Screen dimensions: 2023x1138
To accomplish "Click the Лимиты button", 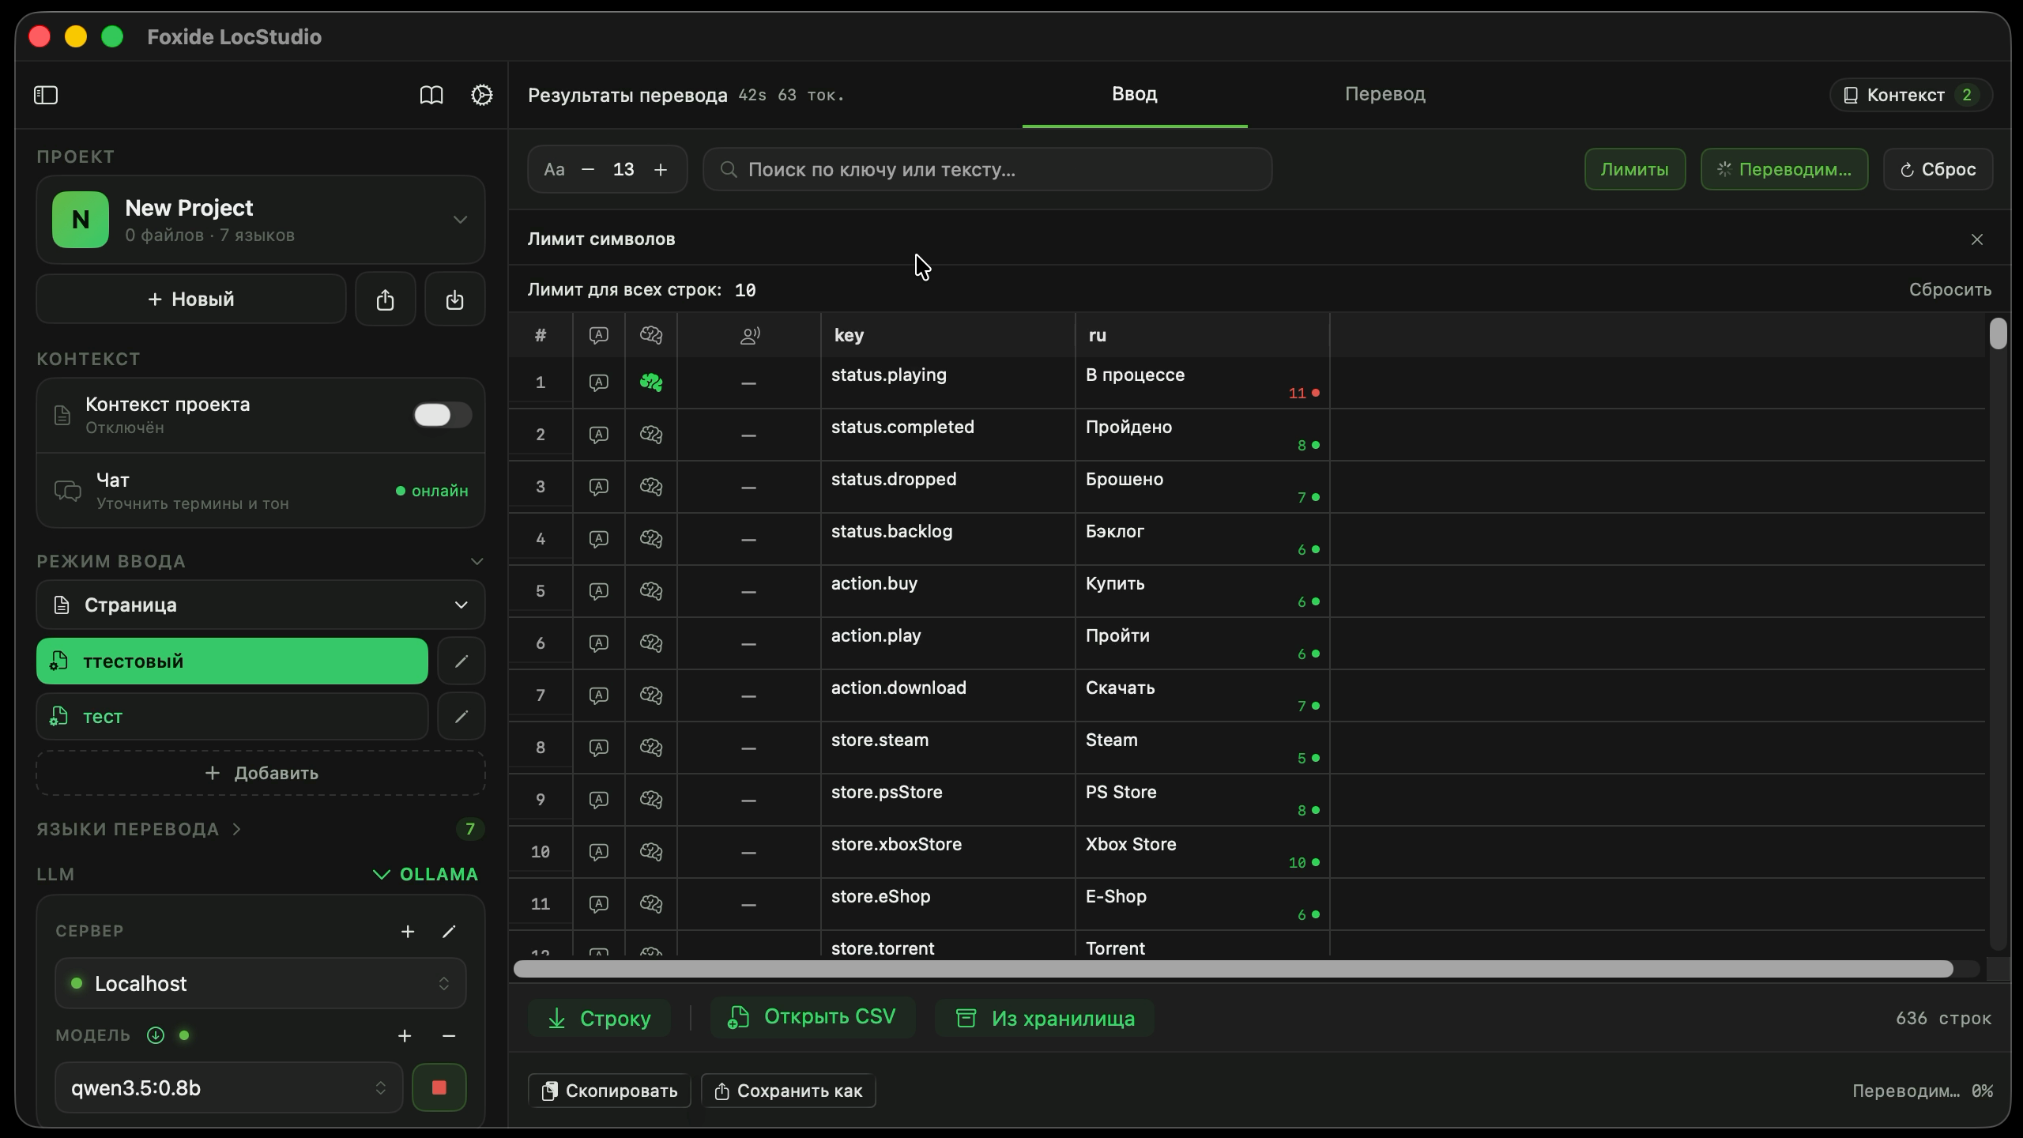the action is pyautogui.click(x=1634, y=169).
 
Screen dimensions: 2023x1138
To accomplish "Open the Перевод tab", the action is pyautogui.click(x=1385, y=94).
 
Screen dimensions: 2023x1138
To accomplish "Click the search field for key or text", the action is pyautogui.click(x=987, y=169).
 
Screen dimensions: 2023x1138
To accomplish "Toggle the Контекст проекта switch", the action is pyautogui.click(x=443, y=415).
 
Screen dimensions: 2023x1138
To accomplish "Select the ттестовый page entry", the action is pyautogui.click(x=232, y=661).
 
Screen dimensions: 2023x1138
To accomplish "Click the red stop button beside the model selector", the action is pyautogui.click(x=439, y=1087).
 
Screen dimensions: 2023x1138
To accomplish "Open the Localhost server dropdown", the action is pyautogui.click(x=261, y=983).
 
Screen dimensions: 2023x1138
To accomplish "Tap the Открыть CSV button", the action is pyautogui.click(x=812, y=1017).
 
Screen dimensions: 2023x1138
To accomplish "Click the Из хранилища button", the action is pyautogui.click(x=1044, y=1018).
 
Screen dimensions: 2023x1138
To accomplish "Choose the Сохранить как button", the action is pyautogui.click(x=789, y=1091).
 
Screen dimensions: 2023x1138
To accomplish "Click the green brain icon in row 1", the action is pyautogui.click(x=651, y=382).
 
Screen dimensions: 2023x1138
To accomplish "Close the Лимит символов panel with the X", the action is pyautogui.click(x=1977, y=239).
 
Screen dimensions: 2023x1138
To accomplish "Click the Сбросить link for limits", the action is pyautogui.click(x=1950, y=290).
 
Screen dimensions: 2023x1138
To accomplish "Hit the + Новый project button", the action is pyautogui.click(x=191, y=299).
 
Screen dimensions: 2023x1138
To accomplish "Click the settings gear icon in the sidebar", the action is pyautogui.click(x=482, y=95).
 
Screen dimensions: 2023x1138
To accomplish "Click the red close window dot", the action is pyautogui.click(x=40, y=36).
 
